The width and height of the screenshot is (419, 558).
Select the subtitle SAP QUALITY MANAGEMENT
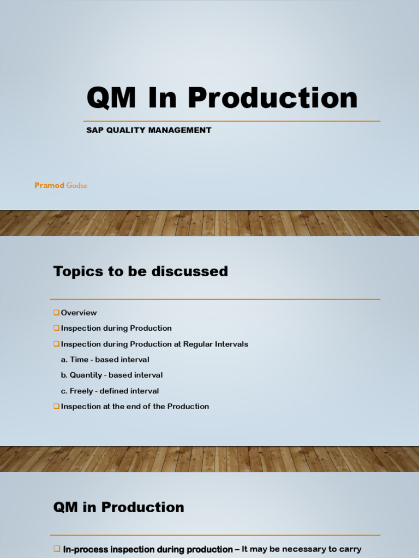tap(148, 130)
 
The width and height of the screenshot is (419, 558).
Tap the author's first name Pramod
tap(49, 185)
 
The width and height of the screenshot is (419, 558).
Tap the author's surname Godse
tap(77, 185)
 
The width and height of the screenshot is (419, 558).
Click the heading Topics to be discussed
tap(140, 271)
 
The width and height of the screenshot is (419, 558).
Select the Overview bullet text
tap(79, 313)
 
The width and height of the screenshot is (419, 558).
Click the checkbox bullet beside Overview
tap(56, 313)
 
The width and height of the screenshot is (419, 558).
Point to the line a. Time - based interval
tap(105, 360)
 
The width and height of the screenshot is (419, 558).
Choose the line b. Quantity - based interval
tap(111, 375)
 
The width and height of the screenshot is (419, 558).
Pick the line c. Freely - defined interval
tap(110, 391)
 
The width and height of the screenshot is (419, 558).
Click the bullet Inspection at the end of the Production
tap(135, 407)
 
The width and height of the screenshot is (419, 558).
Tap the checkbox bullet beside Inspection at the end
tap(56, 407)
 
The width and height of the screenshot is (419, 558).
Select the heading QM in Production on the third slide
tap(118, 507)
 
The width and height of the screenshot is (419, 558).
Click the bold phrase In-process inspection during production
tap(148, 549)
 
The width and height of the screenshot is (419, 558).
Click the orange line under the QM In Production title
tap(231, 121)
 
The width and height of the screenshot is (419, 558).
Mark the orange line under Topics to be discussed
tap(215, 299)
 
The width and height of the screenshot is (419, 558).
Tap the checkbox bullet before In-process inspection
tap(56, 549)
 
